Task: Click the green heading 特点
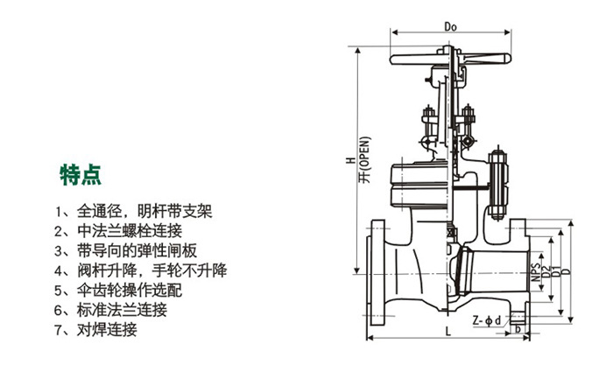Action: coord(81,175)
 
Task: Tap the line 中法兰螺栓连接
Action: coord(116,231)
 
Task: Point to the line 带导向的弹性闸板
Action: coord(123,250)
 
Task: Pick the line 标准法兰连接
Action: coord(116,310)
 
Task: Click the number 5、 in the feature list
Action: coord(60,290)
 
